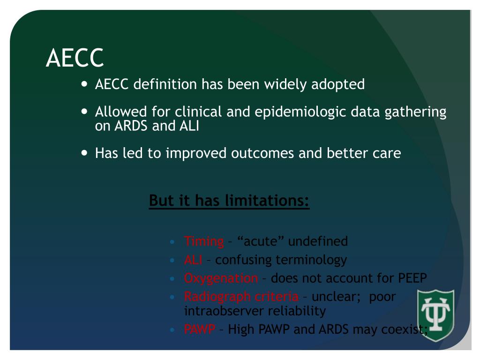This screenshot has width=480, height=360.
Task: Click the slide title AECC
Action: [x=75, y=58]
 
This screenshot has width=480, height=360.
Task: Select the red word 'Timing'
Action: [x=204, y=241]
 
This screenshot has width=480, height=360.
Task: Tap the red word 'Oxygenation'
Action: [x=221, y=278]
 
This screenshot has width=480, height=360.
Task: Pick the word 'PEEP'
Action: [x=412, y=278]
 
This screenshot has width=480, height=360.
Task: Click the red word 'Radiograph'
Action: [x=217, y=297]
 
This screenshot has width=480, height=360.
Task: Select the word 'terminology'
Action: [x=311, y=260]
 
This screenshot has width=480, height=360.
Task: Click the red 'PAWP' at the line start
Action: [x=199, y=330]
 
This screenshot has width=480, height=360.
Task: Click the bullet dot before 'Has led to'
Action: [x=84, y=153]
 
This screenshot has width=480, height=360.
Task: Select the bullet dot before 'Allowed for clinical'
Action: [x=84, y=112]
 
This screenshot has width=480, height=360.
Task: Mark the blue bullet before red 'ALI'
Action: [x=173, y=260]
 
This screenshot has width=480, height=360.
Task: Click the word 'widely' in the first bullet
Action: [x=280, y=84]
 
